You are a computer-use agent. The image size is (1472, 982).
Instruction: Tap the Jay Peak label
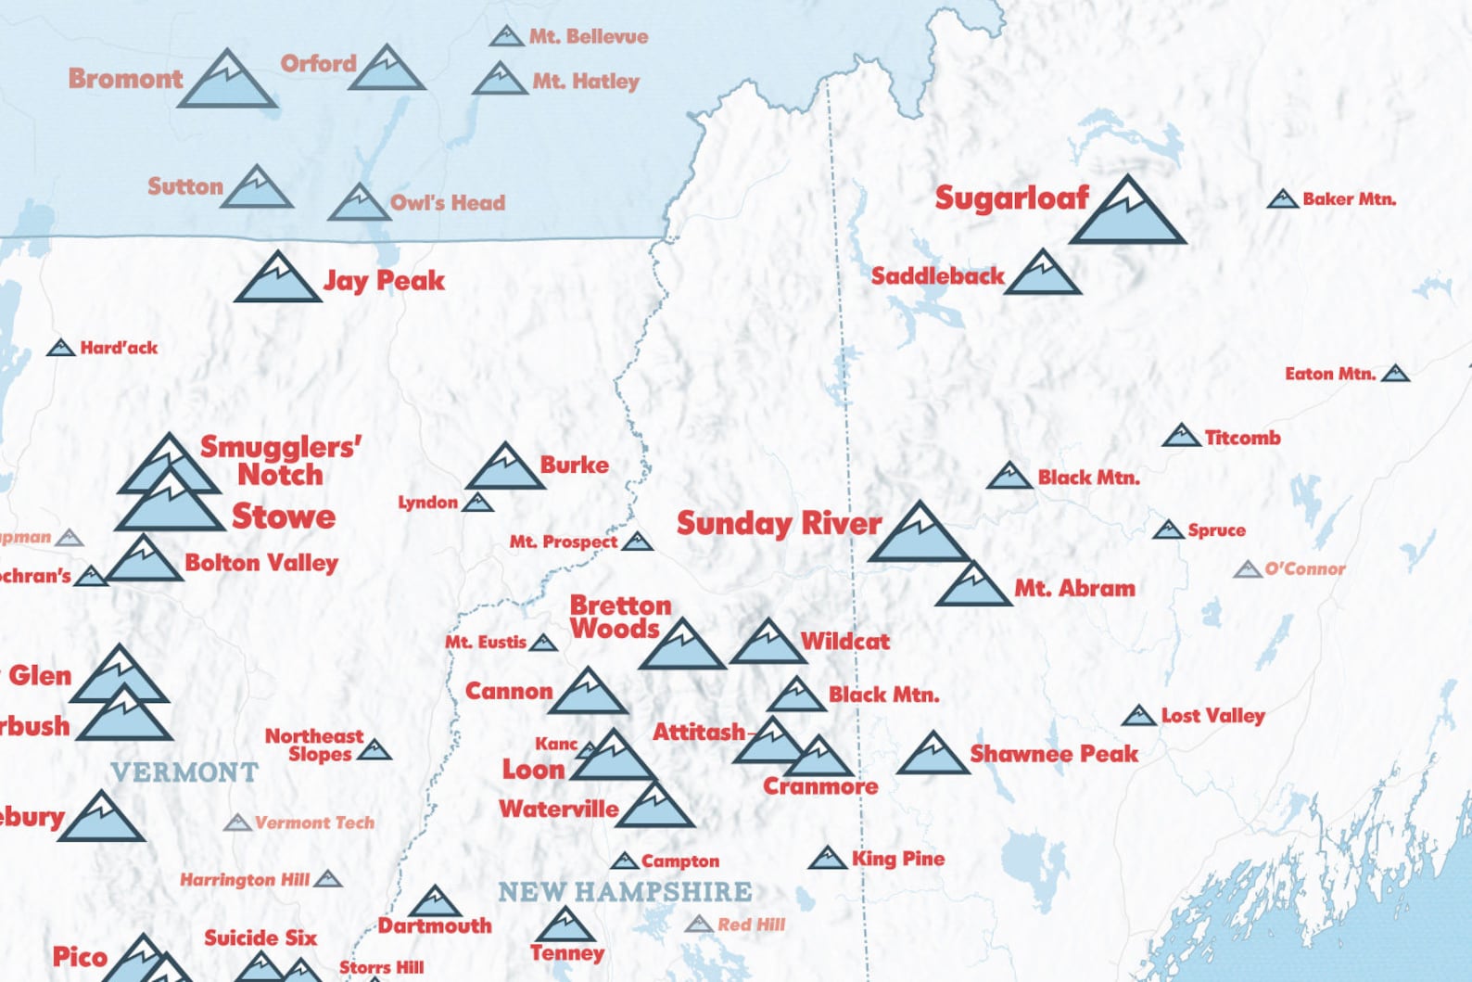click(384, 280)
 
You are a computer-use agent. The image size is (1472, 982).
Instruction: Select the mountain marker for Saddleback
click(1043, 275)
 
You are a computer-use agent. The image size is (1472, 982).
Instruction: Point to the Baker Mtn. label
click(1349, 198)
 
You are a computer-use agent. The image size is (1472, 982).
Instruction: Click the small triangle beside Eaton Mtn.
click(1395, 374)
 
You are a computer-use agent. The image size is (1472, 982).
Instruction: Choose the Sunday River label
click(779, 524)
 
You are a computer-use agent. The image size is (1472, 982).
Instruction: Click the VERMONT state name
click(184, 772)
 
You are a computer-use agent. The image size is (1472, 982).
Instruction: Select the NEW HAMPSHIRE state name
click(625, 892)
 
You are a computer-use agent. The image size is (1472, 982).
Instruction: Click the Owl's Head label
click(447, 203)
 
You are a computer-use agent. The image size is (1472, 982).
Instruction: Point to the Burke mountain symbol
click(504, 469)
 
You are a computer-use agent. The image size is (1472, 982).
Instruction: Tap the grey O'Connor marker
click(1248, 569)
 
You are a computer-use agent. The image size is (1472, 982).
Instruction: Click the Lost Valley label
click(1212, 716)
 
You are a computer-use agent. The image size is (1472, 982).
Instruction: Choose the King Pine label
click(897, 859)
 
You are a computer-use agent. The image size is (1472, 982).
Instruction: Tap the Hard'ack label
click(119, 348)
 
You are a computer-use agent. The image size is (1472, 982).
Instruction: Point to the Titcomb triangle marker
click(1181, 436)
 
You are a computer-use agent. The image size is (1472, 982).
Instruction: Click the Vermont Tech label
click(314, 823)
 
